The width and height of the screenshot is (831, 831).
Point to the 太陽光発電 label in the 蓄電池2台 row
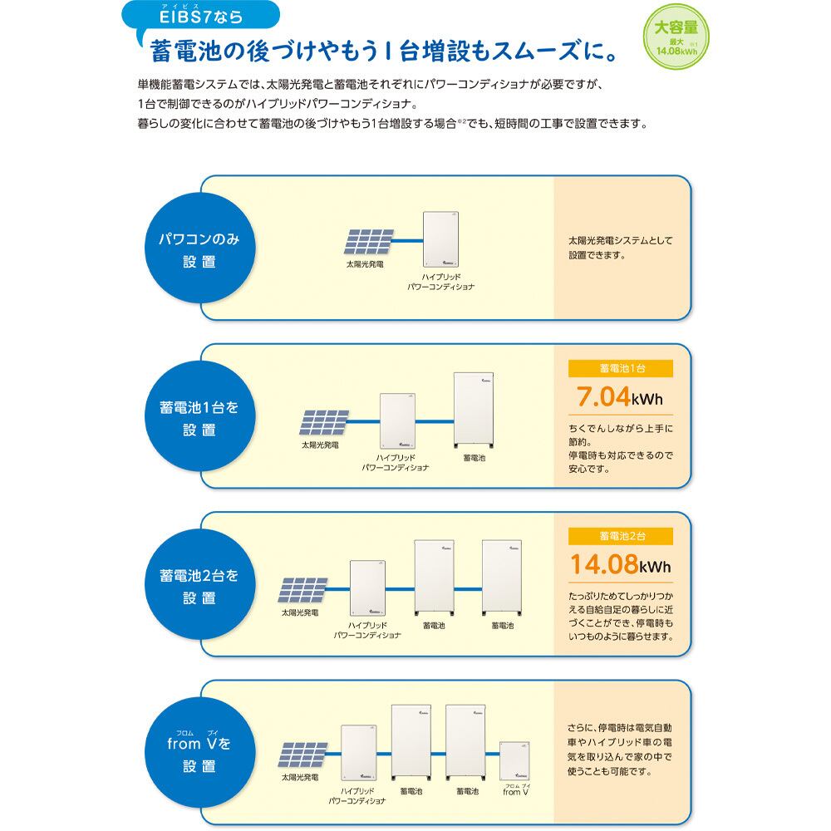pyautogui.click(x=299, y=612)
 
